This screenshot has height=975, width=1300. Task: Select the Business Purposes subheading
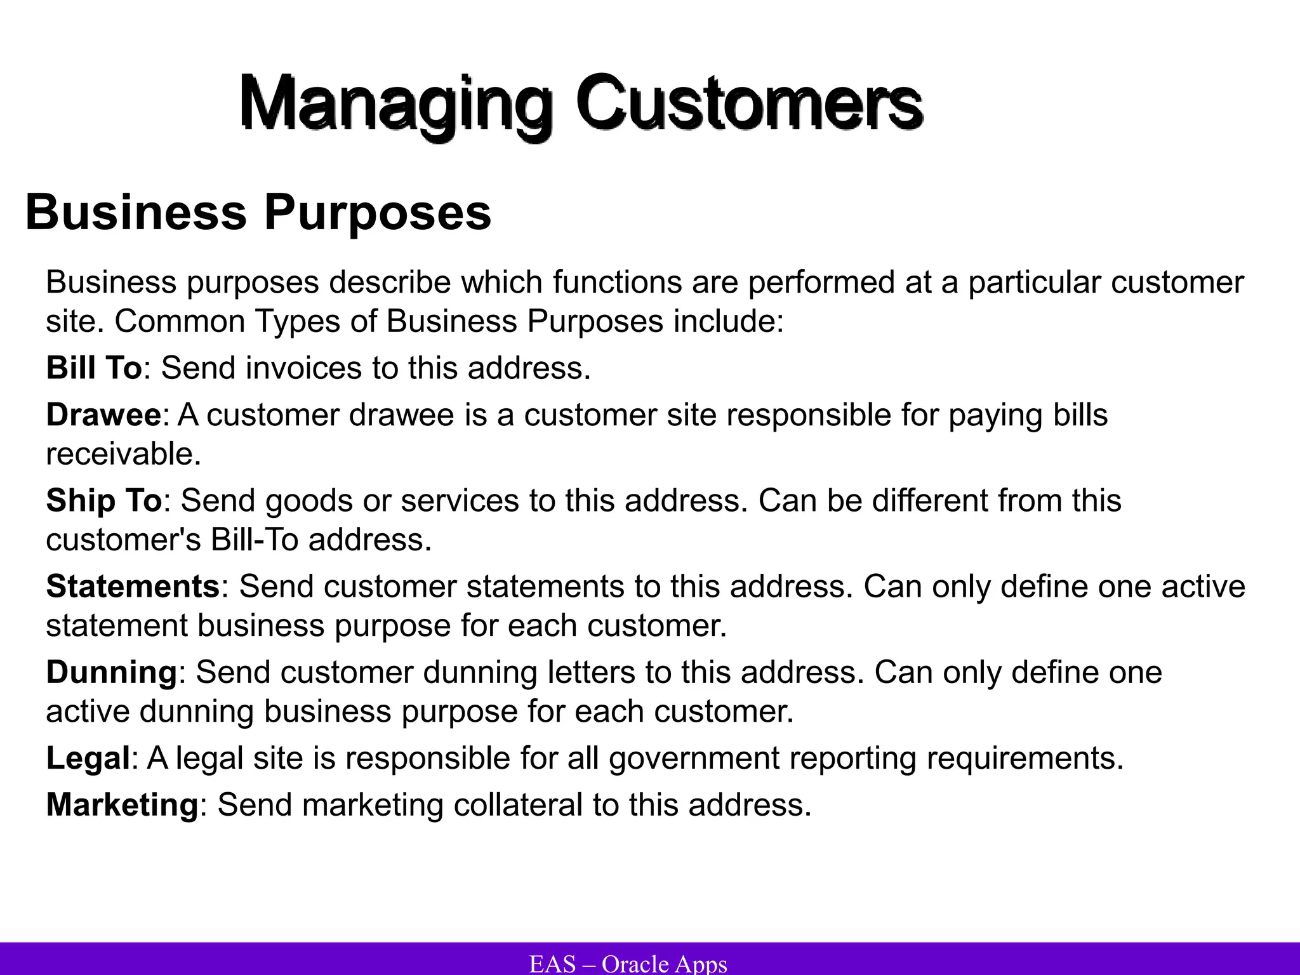click(258, 213)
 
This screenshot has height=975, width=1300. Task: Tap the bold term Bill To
click(94, 368)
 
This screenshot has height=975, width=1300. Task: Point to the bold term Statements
click(133, 587)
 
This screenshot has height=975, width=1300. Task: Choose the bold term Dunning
click(112, 672)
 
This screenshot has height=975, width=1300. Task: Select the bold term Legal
click(88, 758)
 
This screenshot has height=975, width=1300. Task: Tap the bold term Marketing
click(123, 805)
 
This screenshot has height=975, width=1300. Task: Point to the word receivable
click(123, 454)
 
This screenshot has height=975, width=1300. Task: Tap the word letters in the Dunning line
click(590, 672)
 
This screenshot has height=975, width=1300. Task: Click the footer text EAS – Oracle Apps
click(628, 964)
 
